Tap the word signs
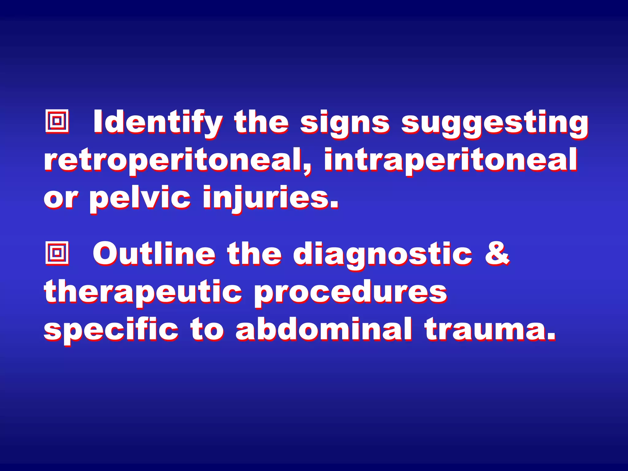point(345,123)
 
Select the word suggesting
point(494,123)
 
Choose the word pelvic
point(140,198)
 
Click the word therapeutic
point(143,292)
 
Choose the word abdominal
point(324,329)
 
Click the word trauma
point(490,329)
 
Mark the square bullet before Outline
point(57,253)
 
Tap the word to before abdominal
point(207,330)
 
